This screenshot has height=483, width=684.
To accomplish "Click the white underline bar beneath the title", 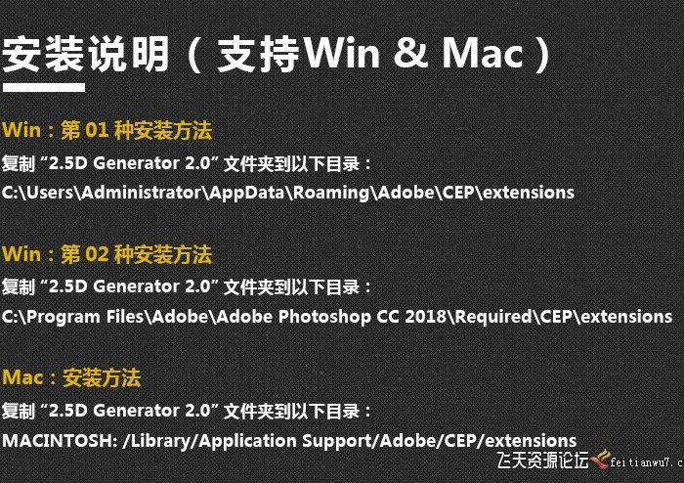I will click(x=43, y=88).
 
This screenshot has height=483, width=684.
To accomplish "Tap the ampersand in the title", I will click(x=402, y=54).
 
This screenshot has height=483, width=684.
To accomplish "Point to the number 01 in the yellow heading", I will click(x=102, y=130).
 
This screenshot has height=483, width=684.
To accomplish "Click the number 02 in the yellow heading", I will click(x=102, y=254).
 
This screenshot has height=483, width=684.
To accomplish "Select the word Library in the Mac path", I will click(x=159, y=440).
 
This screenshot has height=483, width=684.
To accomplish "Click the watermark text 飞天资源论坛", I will click(x=542, y=460).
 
